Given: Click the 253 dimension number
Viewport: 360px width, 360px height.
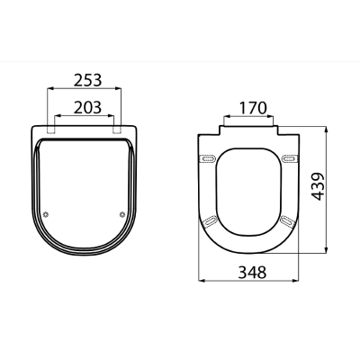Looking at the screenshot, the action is [88, 80].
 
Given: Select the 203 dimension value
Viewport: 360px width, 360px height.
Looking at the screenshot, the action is [87, 107].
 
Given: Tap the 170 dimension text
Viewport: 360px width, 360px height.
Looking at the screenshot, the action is [253, 108].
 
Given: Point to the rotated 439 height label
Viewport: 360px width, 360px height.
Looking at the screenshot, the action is [318, 186].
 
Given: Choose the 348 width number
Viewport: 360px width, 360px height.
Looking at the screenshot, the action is [252, 273].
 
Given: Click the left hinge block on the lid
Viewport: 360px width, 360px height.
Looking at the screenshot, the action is [51, 129].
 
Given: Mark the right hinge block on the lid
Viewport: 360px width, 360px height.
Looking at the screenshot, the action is [117, 129].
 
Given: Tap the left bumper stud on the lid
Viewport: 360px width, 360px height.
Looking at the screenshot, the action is [46, 214].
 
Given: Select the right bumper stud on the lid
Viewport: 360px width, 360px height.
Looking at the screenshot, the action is [122, 214].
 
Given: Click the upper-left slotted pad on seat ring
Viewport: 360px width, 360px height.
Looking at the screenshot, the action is [207, 158].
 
